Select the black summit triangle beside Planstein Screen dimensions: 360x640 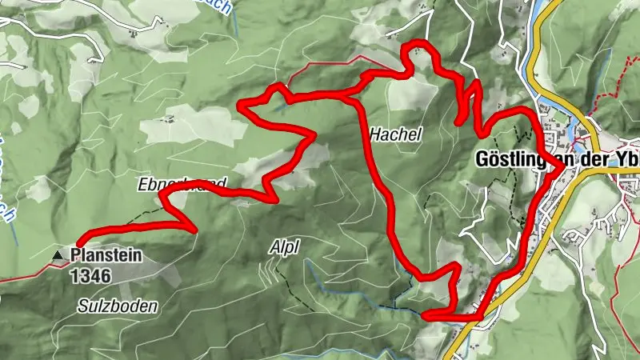click(58, 256)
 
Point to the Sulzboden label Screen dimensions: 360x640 click(118, 306)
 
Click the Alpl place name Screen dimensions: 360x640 click(285, 248)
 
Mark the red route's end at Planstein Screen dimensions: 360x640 click(81, 242)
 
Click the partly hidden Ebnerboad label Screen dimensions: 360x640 click(171, 183)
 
